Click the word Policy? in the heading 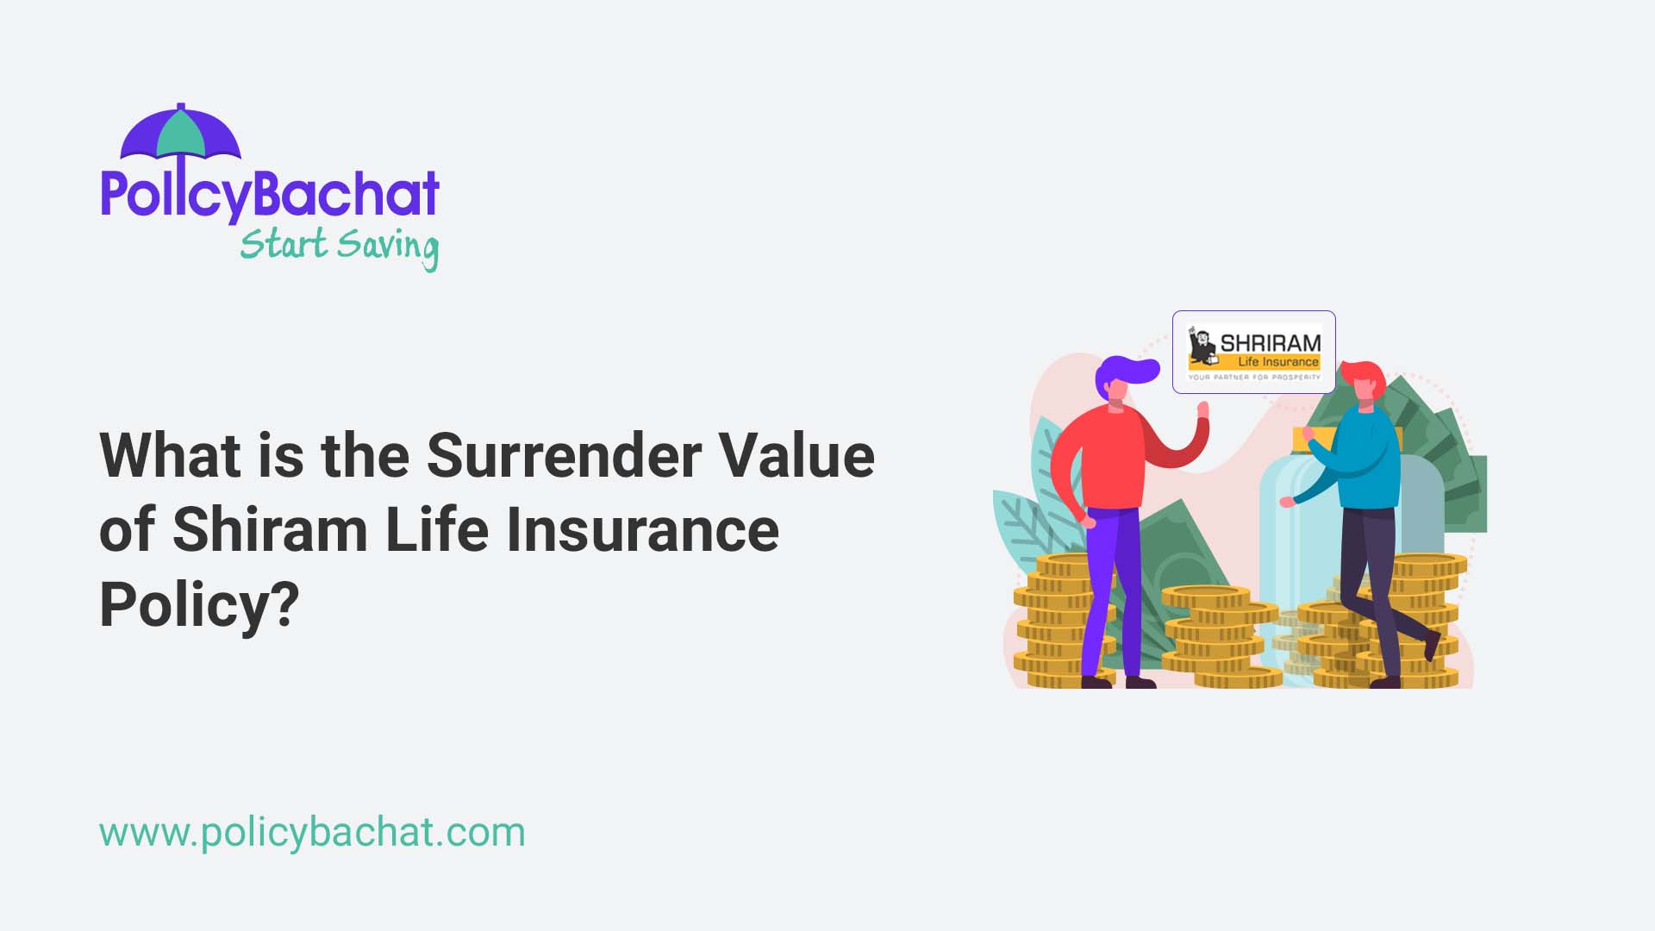[199, 605]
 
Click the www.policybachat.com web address [312, 833]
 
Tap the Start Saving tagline [340, 246]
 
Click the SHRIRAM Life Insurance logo [1253, 353]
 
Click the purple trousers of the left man [1112, 586]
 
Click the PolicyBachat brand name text [270, 194]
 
